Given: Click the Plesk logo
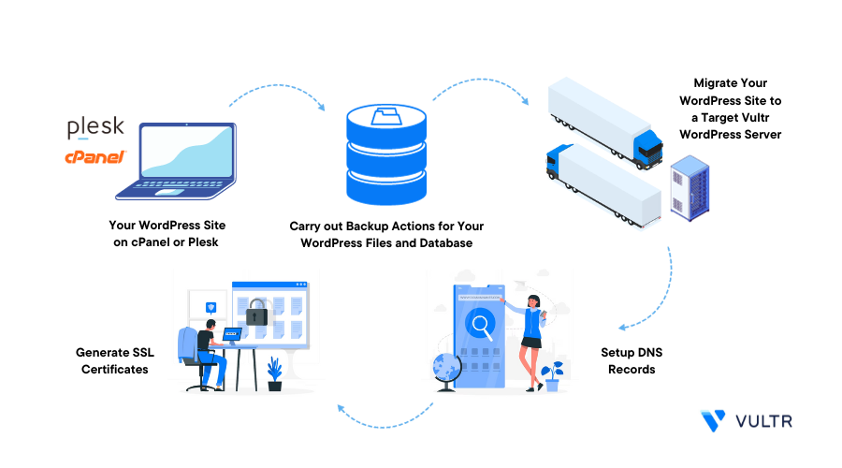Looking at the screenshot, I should pyautogui.click(x=95, y=127).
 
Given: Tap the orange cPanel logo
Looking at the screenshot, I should pyautogui.click(x=94, y=158).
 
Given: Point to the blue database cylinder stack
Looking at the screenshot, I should pyautogui.click(x=385, y=155).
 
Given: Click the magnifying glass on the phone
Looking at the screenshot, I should pyautogui.click(x=483, y=326).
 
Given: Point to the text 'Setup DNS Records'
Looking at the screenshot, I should pyautogui.click(x=632, y=361).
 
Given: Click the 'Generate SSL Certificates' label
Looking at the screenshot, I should pyautogui.click(x=115, y=361).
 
